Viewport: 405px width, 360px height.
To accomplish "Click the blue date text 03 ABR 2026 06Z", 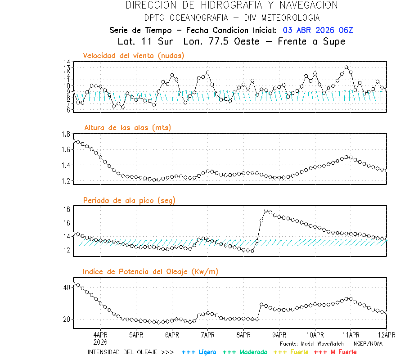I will click(x=318, y=30).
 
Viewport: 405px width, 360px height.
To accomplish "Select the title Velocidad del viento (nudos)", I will click(x=134, y=55).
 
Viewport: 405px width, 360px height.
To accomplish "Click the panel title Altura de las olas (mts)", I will click(x=128, y=128).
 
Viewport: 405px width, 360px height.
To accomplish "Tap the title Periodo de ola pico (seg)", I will click(x=129, y=200).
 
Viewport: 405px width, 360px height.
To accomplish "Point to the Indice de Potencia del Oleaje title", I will click(x=151, y=271).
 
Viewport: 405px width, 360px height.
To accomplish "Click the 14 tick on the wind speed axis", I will click(x=67, y=62).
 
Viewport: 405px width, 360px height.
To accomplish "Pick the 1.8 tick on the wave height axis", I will click(x=65, y=134).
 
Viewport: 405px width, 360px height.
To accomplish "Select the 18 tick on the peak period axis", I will click(x=67, y=209).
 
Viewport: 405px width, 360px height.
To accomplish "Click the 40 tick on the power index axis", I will click(x=67, y=287).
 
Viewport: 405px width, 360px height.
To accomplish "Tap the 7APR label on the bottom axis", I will click(x=207, y=335).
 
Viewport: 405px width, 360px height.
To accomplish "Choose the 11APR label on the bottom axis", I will click(x=351, y=335).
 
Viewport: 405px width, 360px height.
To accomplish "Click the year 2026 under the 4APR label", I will click(x=100, y=342).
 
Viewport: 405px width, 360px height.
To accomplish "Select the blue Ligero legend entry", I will click(x=199, y=352).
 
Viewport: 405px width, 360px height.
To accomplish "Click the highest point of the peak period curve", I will click(x=266, y=211).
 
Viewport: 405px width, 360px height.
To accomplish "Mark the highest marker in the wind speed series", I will click(x=346, y=67).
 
